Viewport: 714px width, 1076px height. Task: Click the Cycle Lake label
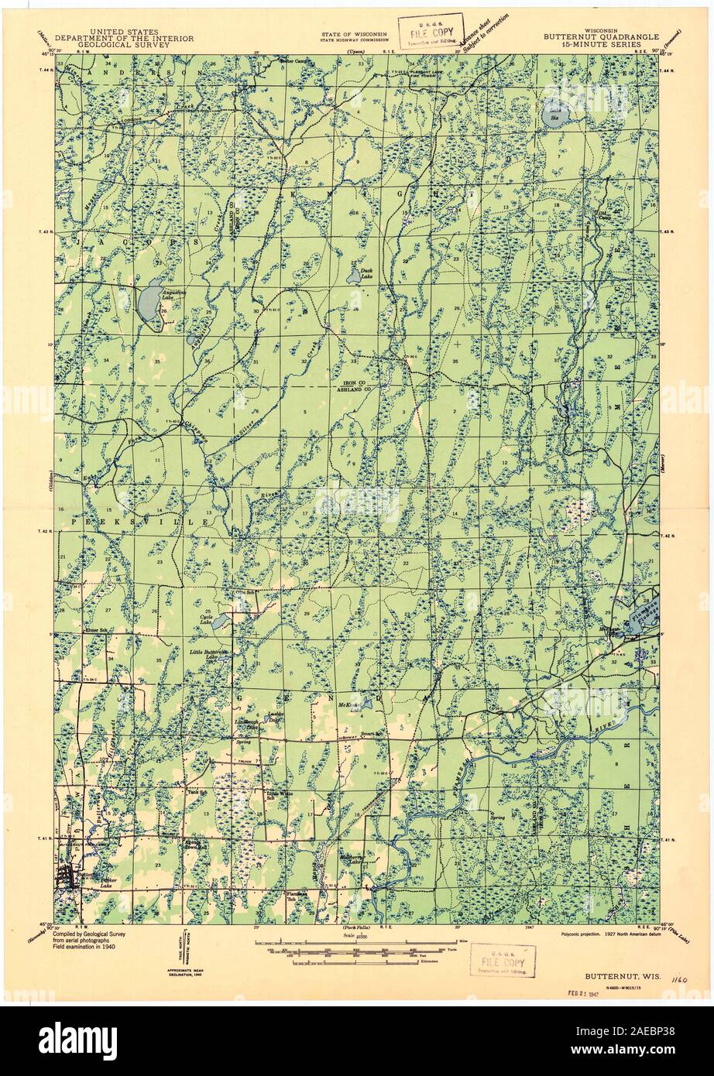(x=207, y=621)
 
